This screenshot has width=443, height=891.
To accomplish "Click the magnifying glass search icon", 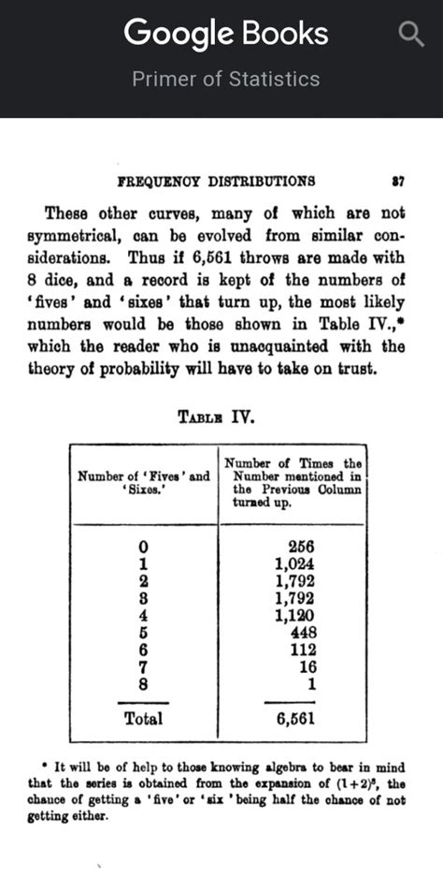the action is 411,36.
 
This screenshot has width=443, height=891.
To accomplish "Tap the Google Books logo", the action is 226,35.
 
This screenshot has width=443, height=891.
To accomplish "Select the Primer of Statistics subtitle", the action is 226,79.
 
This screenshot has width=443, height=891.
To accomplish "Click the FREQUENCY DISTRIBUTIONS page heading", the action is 216,181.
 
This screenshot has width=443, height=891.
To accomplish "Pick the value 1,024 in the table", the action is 294,564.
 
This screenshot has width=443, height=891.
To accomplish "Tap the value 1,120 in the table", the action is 294,616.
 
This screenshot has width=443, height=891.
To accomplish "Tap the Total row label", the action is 144,719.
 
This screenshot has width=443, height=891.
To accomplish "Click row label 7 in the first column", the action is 143,666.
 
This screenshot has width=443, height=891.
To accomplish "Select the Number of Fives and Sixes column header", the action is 144,482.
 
